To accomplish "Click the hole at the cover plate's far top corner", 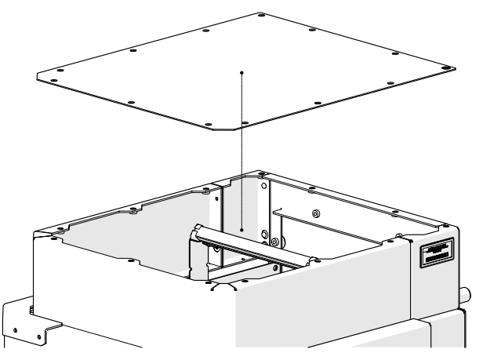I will coord(259,16).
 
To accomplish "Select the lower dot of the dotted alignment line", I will coord(243,230).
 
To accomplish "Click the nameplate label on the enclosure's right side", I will coord(438,253).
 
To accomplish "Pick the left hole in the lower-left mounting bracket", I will coord(16,322).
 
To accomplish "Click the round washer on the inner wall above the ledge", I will coord(316,213).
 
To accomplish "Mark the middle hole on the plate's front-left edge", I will coord(130,103).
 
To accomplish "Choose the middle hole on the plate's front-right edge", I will coord(317,103).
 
